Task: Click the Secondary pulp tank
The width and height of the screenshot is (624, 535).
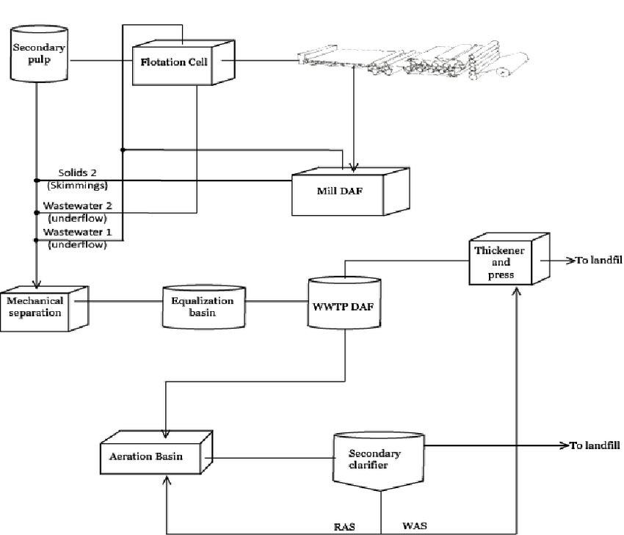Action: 39,54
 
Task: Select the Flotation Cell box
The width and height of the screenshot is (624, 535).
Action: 184,62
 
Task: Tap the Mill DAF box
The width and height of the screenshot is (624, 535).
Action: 351,192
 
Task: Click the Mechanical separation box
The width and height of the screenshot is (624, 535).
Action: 44,308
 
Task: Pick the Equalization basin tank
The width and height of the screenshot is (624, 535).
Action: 204,307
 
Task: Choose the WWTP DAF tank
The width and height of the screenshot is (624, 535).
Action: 344,302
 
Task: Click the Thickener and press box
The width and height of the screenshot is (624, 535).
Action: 509,259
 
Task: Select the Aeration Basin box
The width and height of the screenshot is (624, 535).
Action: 156,452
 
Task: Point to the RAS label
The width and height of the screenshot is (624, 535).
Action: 344,527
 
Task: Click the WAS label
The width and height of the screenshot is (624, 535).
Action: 415,526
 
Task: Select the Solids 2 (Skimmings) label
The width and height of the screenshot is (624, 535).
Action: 78,179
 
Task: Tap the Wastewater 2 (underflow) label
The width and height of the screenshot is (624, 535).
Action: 78,212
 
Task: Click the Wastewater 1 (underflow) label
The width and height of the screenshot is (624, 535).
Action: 78,238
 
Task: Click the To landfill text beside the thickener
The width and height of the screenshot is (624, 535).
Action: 599,260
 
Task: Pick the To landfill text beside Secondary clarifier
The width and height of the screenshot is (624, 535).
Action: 595,445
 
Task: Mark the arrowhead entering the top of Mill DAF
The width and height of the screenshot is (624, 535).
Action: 353,167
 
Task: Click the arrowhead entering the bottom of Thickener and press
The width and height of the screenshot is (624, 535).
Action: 517,291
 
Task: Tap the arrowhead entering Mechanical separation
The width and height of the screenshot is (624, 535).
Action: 37,284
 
